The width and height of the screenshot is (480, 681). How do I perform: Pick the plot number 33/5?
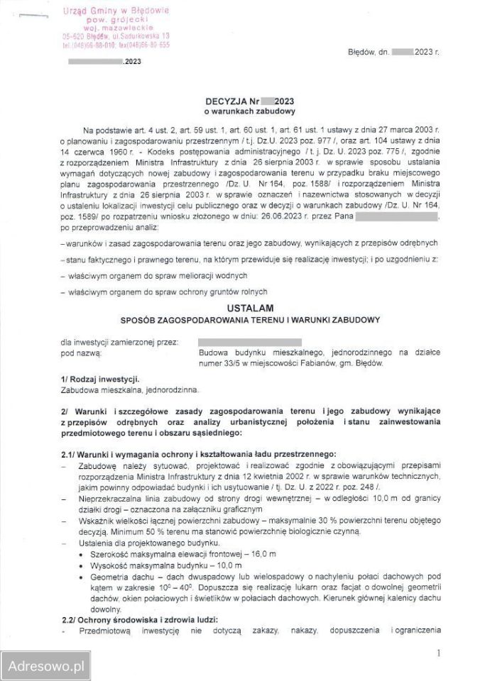(241, 362)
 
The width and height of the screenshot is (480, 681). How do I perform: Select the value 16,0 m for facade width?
(264, 552)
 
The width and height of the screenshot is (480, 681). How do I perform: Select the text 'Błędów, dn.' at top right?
(369, 52)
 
